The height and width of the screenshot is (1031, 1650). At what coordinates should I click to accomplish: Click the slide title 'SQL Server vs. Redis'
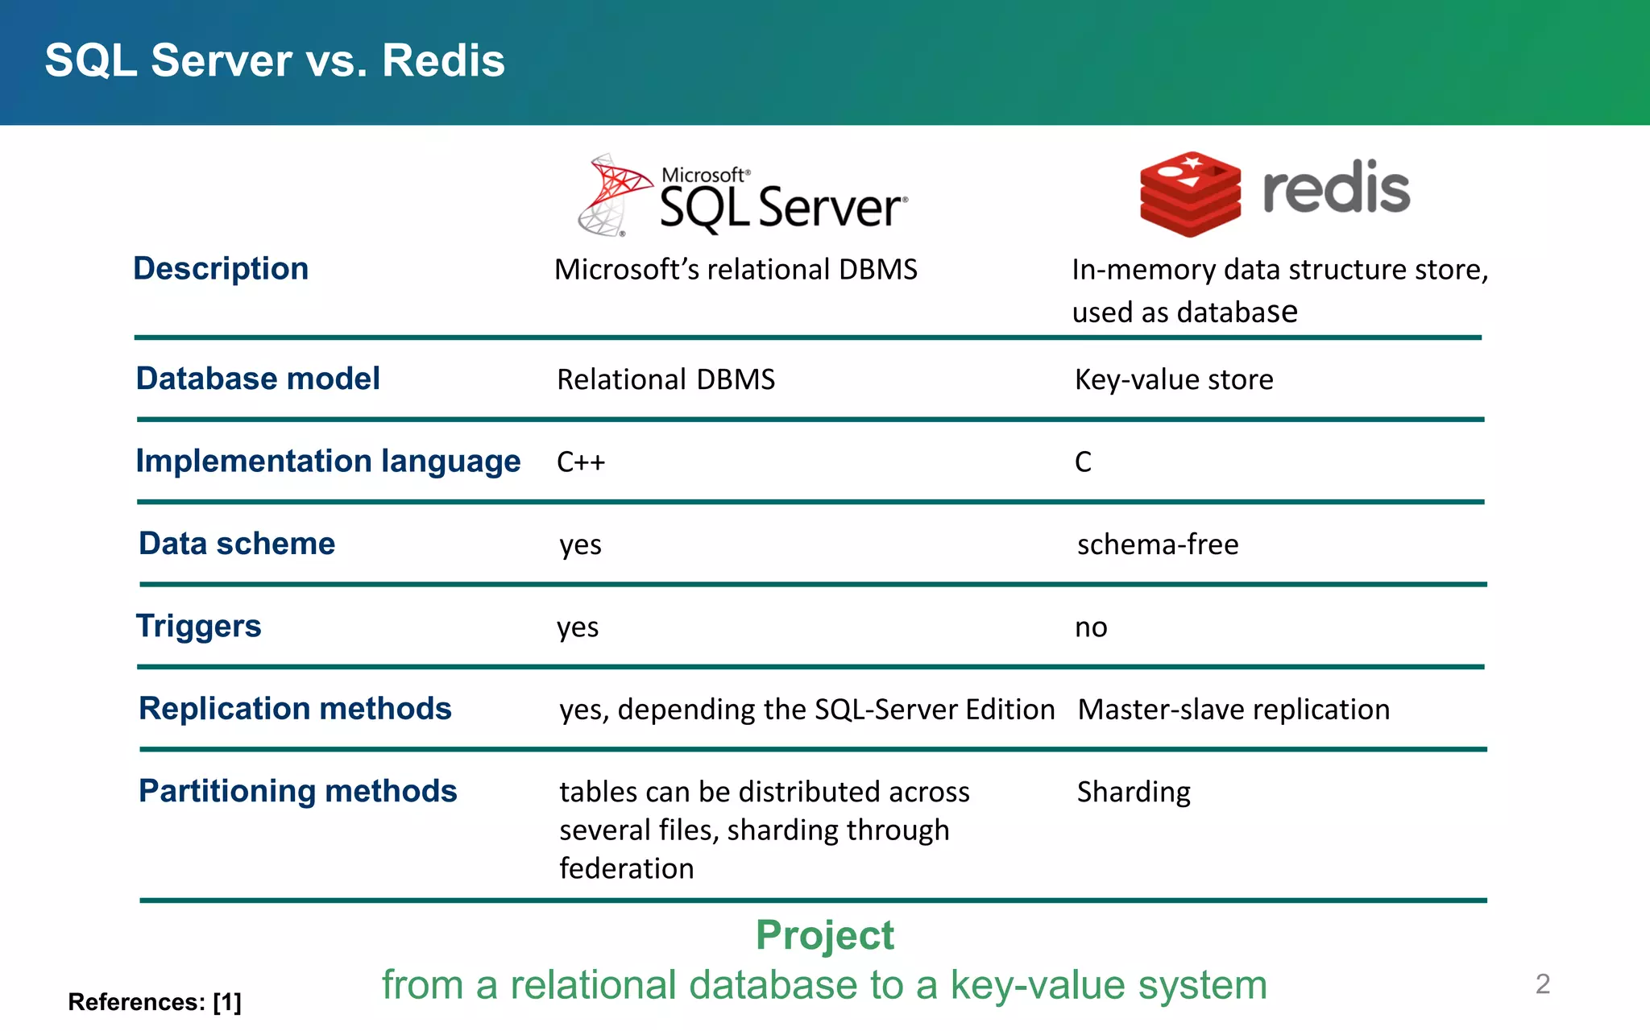coord(275,61)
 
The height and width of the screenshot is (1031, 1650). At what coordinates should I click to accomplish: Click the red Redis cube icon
coord(1190,193)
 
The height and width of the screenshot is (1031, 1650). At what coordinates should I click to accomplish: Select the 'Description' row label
coord(221,268)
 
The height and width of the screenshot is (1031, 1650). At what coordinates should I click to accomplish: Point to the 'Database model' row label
coord(258,379)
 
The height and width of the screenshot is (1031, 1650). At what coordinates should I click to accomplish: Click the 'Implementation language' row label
coord(328,461)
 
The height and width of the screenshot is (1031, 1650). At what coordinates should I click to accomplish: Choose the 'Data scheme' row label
coord(237,544)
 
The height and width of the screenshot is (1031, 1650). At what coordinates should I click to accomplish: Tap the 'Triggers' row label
coord(198,626)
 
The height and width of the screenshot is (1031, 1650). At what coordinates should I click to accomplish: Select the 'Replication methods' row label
coord(295,709)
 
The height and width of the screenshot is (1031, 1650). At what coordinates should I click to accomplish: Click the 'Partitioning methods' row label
coord(298,791)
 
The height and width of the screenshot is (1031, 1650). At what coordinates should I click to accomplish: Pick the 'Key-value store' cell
coord(1174,379)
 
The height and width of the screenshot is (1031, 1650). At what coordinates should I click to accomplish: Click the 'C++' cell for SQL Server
coord(580,462)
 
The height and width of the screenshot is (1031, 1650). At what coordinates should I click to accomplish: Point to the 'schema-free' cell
coord(1158,545)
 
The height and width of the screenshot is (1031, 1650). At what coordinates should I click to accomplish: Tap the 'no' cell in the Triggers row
coord(1091,627)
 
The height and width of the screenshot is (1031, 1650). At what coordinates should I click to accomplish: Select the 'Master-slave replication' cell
coord(1233,710)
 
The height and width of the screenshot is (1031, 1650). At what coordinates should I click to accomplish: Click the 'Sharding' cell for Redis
coord(1134,793)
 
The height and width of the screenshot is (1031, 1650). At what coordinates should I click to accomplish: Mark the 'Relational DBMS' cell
coord(665,379)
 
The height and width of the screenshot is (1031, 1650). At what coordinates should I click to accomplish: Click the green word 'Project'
coord(824,935)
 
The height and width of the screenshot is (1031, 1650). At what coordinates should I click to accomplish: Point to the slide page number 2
coord(1542,983)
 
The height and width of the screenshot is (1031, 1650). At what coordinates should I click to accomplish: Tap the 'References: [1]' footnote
coord(155,1002)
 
